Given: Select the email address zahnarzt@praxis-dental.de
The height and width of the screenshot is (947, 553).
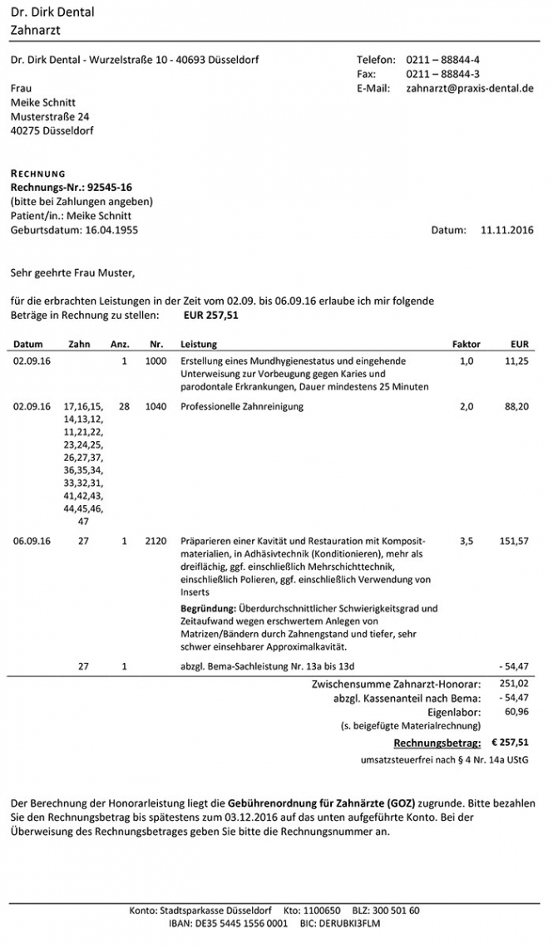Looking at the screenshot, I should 469,87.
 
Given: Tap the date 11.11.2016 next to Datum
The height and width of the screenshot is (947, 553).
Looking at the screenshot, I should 506,229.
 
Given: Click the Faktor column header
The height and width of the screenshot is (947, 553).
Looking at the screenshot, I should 466,343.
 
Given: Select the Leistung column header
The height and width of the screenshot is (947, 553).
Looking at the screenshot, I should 199,343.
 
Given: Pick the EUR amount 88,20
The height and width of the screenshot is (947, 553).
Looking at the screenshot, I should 516,407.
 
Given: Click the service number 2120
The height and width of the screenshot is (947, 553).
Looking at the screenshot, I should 156,541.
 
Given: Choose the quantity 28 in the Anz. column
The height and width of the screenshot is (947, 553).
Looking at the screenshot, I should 125,407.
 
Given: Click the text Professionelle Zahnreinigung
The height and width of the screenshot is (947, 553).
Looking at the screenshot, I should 242,407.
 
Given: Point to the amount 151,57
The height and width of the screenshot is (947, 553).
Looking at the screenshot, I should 514,541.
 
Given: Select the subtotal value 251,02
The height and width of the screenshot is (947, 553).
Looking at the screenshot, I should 516,684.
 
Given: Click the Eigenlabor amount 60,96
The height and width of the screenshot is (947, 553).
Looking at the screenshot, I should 518,712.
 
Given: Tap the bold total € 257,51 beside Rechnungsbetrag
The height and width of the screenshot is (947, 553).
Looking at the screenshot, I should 510,742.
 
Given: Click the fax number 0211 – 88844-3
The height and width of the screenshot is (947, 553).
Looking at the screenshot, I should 442,74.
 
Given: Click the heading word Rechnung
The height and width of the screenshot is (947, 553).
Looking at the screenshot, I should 37,174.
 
